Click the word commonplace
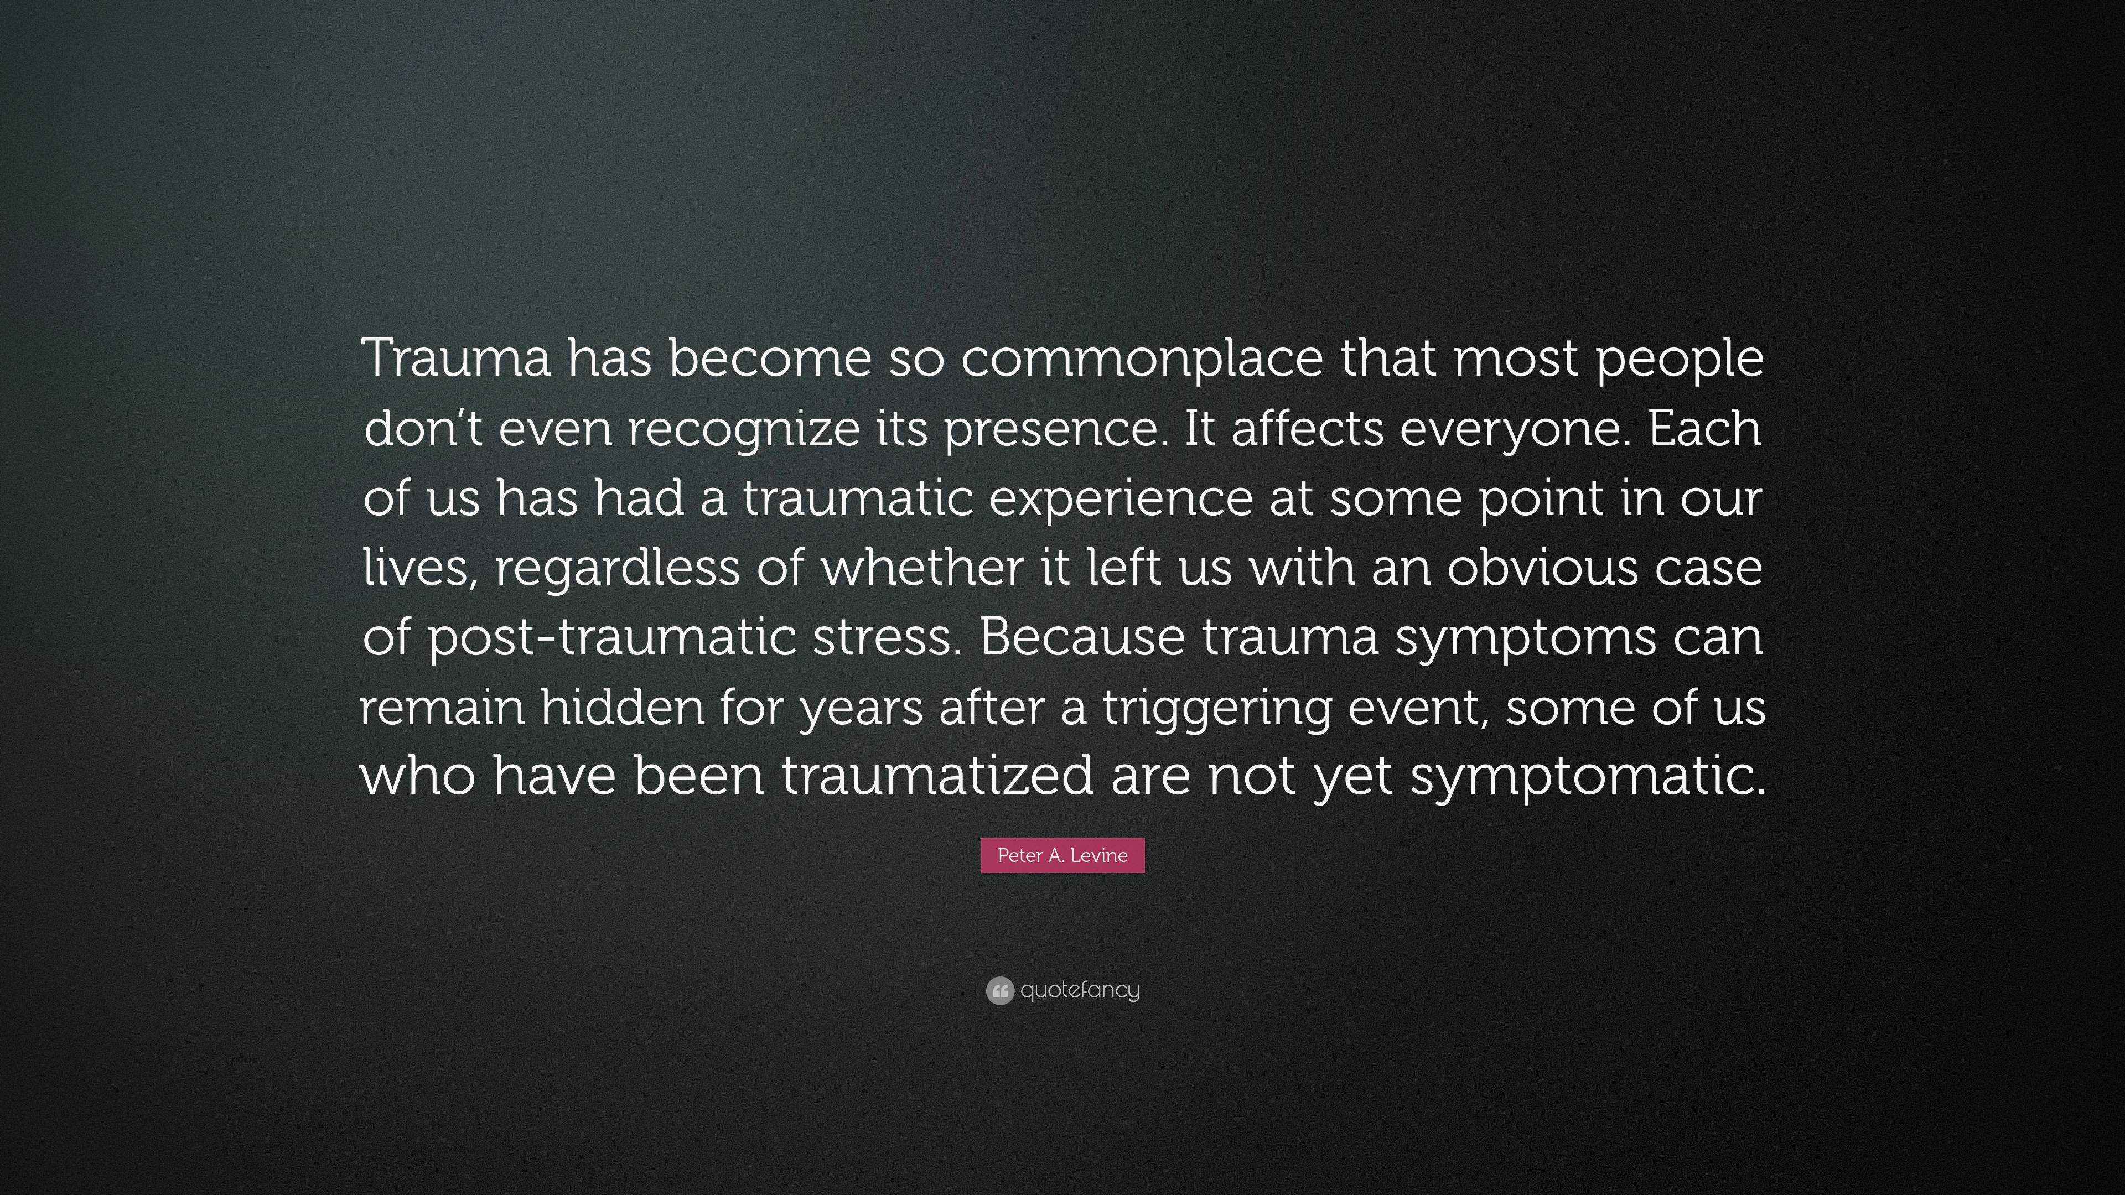pyautogui.click(x=1142, y=360)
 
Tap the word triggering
pyautogui.click(x=1217, y=709)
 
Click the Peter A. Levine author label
pyautogui.click(x=1062, y=855)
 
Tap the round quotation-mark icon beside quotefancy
pyautogui.click(x=999, y=990)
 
